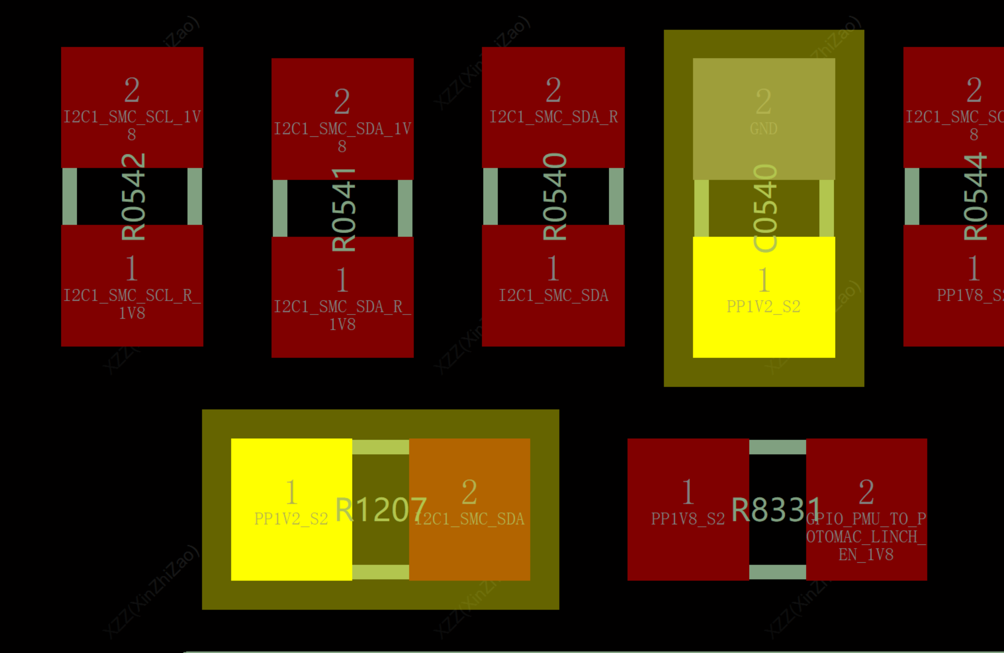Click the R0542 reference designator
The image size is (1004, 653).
pyautogui.click(x=133, y=196)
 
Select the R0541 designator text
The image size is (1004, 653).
pyautogui.click(x=344, y=209)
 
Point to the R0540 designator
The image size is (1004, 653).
pyautogui.click(x=554, y=196)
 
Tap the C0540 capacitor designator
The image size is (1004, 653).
pyautogui.click(x=765, y=208)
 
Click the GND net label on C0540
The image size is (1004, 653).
pyautogui.click(x=764, y=129)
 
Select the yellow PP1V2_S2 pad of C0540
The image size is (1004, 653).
pyautogui.click(x=764, y=326)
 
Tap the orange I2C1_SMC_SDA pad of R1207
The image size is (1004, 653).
pyautogui.click(x=470, y=551)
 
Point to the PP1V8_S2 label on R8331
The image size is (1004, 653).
pyautogui.click(x=688, y=519)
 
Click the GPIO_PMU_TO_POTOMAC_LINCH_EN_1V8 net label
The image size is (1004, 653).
pyautogui.click(x=866, y=537)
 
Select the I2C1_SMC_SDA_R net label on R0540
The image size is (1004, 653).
pyautogui.click(x=554, y=117)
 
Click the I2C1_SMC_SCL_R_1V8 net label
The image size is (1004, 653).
pyautogui.click(x=132, y=304)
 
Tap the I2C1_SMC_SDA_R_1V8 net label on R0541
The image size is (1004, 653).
pyautogui.click(x=342, y=316)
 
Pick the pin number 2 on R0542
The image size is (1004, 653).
pyautogui.click(x=132, y=90)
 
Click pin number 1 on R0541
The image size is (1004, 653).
pyautogui.click(x=342, y=280)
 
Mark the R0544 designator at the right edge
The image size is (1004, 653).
pyautogui.click(x=975, y=196)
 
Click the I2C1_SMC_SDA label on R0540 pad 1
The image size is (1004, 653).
pyautogui.click(x=554, y=295)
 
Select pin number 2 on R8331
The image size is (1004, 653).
pyautogui.click(x=866, y=492)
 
